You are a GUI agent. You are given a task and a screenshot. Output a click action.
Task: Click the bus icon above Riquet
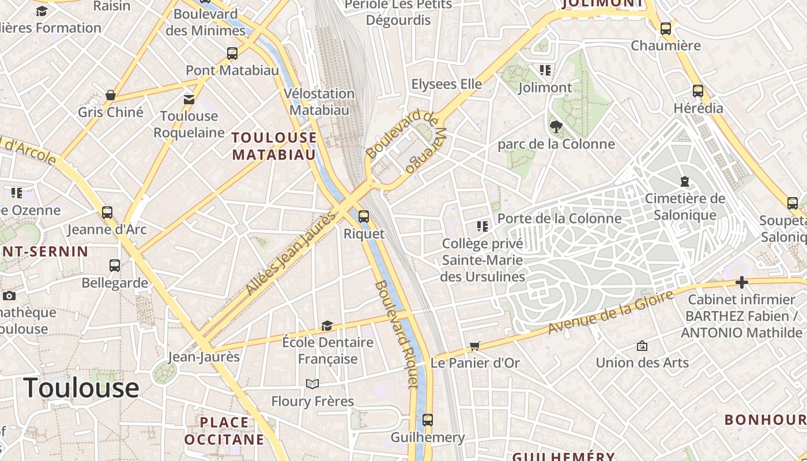pos(363,217)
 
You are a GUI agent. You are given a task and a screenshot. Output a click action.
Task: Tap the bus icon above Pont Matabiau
pos(232,54)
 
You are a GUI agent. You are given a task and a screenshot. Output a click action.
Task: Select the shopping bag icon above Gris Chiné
pos(111,95)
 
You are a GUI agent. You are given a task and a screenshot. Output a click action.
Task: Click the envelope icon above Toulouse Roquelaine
pos(189,99)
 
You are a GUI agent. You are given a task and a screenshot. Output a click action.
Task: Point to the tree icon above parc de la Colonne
pos(556,127)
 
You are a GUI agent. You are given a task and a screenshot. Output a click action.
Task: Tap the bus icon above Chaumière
pos(666,28)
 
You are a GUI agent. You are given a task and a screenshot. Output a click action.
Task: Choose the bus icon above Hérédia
pos(698,91)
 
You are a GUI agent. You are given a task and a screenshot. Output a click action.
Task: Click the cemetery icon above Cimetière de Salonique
pos(685,182)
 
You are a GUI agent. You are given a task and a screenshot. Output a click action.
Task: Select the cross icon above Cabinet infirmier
pos(742,282)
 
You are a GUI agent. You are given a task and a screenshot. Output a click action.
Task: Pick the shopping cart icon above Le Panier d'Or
pos(475,346)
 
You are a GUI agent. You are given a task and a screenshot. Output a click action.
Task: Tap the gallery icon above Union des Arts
pos(642,346)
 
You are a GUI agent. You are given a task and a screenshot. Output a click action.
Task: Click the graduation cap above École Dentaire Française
pos(327,326)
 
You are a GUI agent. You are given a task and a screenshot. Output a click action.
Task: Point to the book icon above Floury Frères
pos(312,384)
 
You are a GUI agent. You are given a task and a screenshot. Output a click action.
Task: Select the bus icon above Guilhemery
pos(427,420)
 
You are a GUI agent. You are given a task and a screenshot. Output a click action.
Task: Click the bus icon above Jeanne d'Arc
pos(107,213)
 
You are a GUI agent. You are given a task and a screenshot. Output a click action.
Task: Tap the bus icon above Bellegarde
pos(115,266)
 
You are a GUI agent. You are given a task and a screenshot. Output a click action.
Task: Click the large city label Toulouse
pos(81,387)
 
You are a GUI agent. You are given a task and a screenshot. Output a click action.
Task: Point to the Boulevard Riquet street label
pos(396,335)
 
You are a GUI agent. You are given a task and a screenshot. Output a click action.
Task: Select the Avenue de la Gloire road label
pos(610,312)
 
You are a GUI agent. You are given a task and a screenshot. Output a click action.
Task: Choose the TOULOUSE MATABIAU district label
pos(274,146)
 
